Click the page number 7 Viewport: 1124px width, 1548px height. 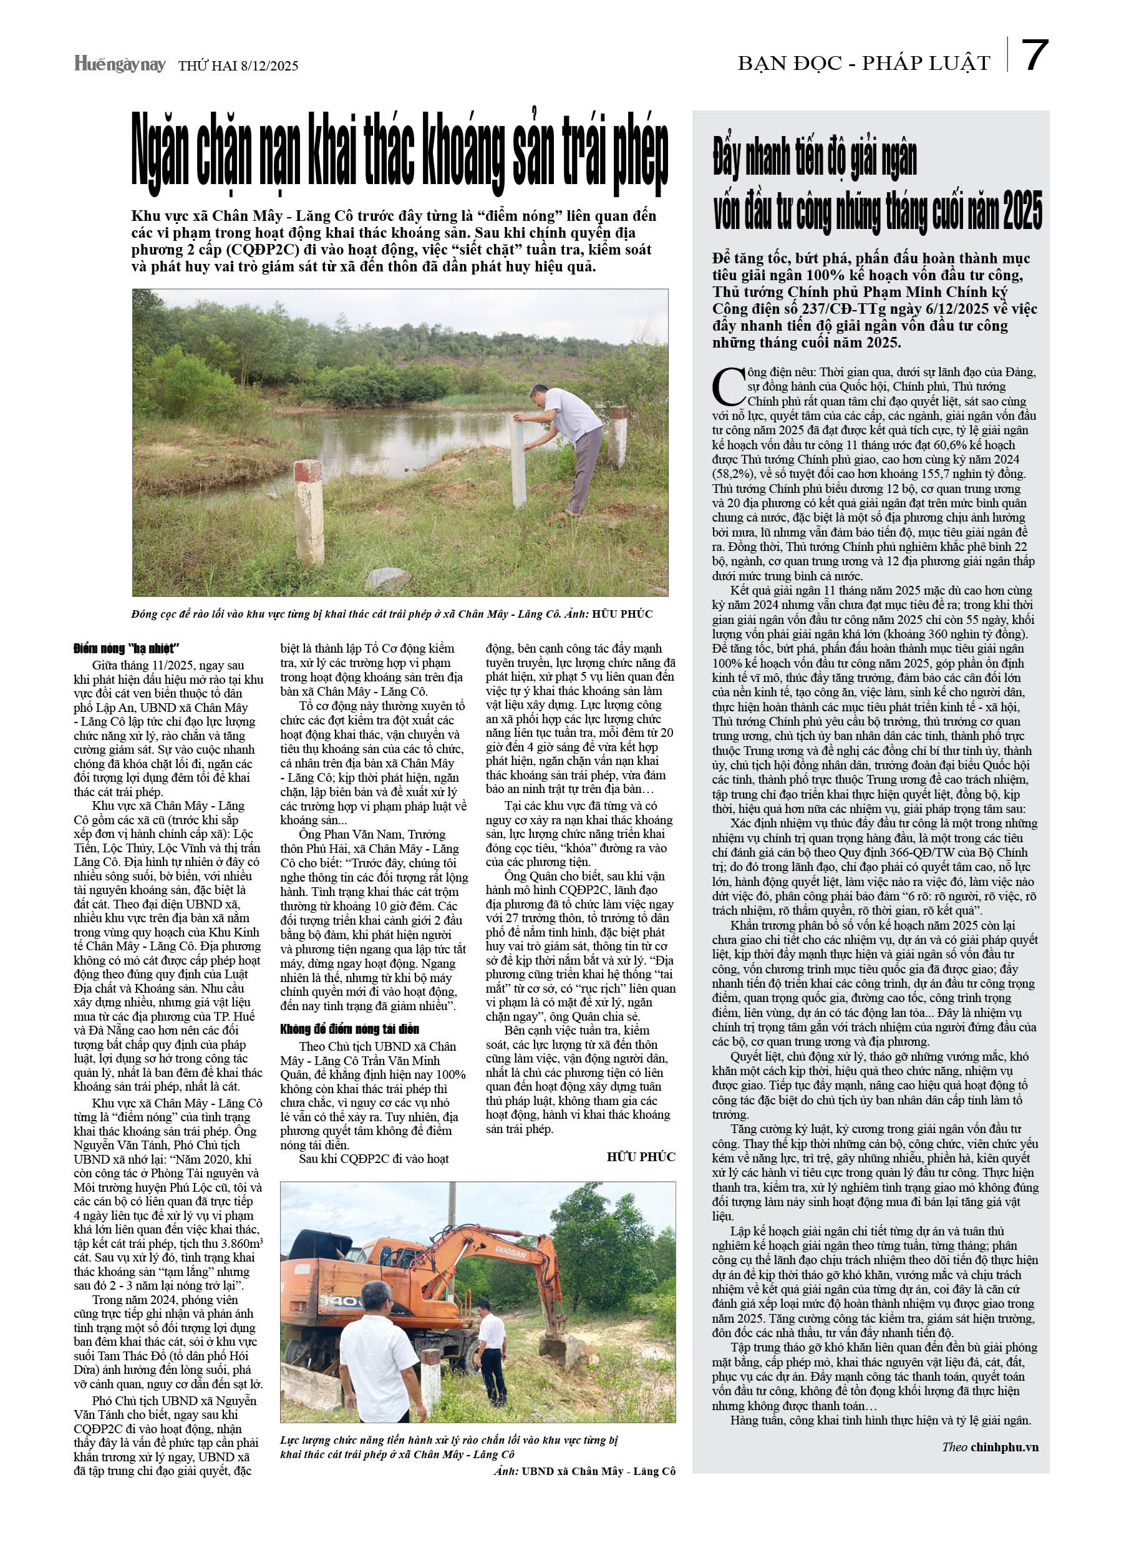(x=1034, y=56)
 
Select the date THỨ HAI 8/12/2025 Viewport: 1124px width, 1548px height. (x=238, y=66)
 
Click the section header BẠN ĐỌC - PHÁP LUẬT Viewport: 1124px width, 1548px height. (x=863, y=64)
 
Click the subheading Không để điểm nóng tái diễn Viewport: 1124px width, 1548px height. (x=349, y=1029)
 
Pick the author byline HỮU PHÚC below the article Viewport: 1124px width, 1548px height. (x=640, y=1156)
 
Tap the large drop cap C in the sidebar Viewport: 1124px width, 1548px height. (x=727, y=385)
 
